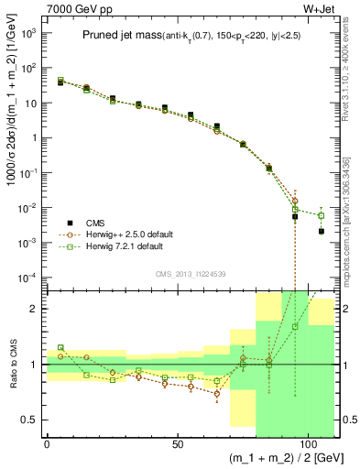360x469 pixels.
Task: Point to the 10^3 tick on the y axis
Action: point(27,33)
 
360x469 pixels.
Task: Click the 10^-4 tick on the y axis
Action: point(27,278)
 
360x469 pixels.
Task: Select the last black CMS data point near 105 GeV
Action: point(321,232)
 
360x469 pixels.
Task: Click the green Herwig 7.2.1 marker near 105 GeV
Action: point(321,215)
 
